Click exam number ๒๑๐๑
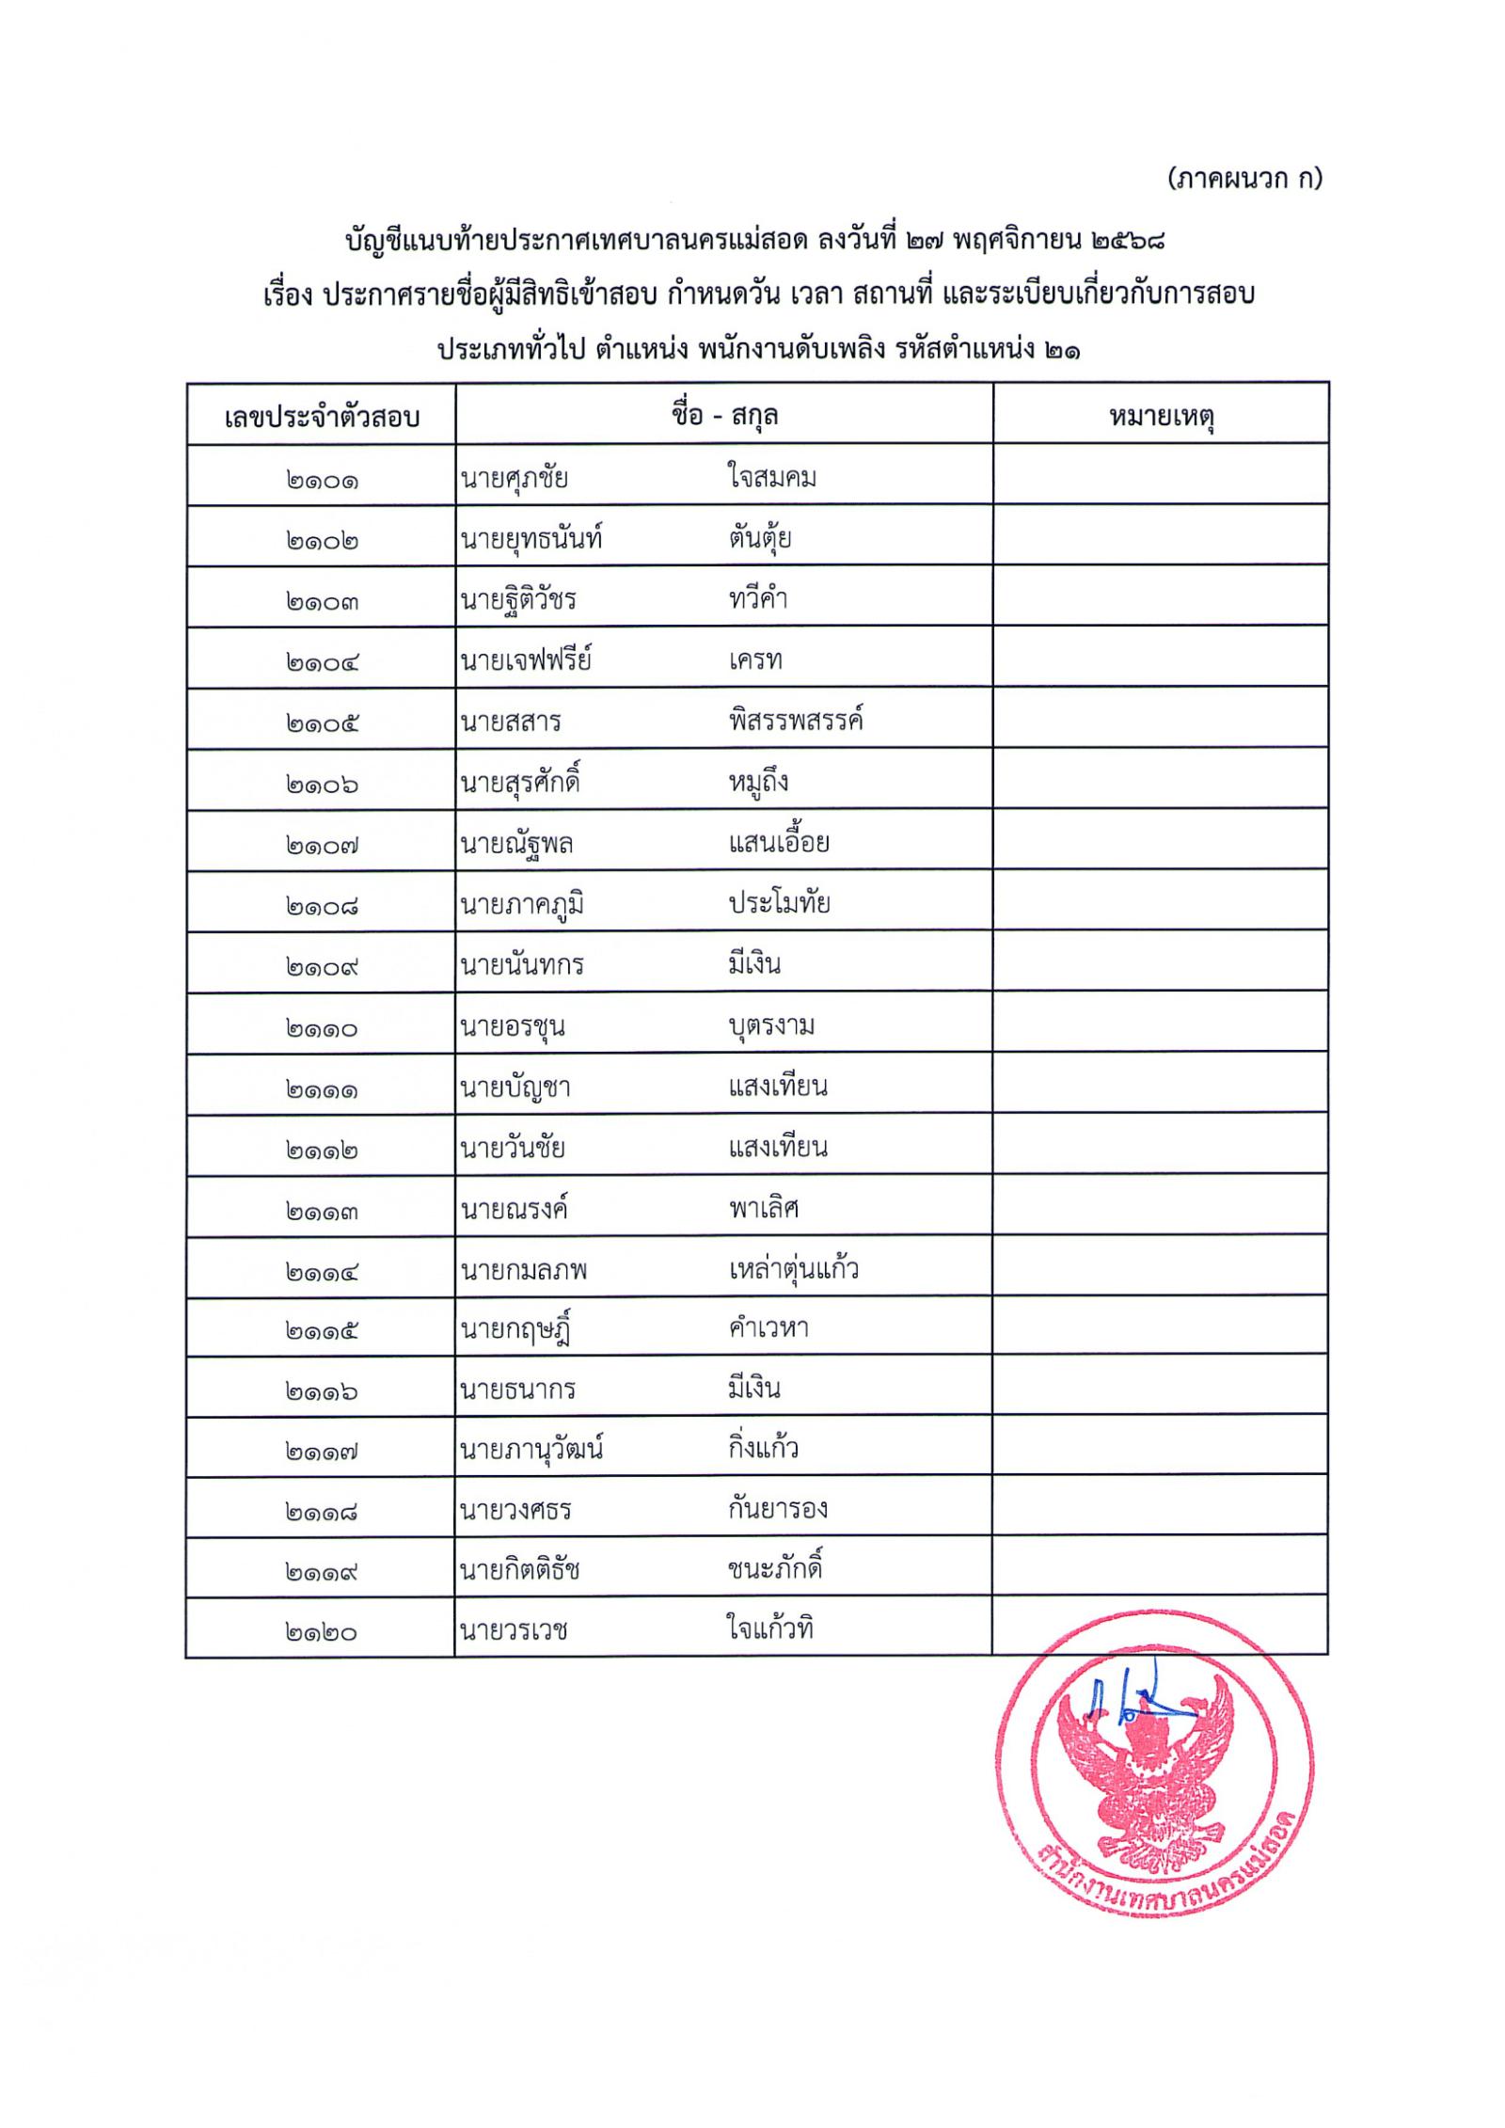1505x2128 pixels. point(322,481)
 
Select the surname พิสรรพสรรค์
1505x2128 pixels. point(796,722)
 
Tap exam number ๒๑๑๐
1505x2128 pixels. point(322,1028)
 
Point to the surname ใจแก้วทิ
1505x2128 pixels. point(770,1628)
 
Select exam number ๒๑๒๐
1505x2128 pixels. point(322,1632)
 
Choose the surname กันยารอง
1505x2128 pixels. point(778,1509)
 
